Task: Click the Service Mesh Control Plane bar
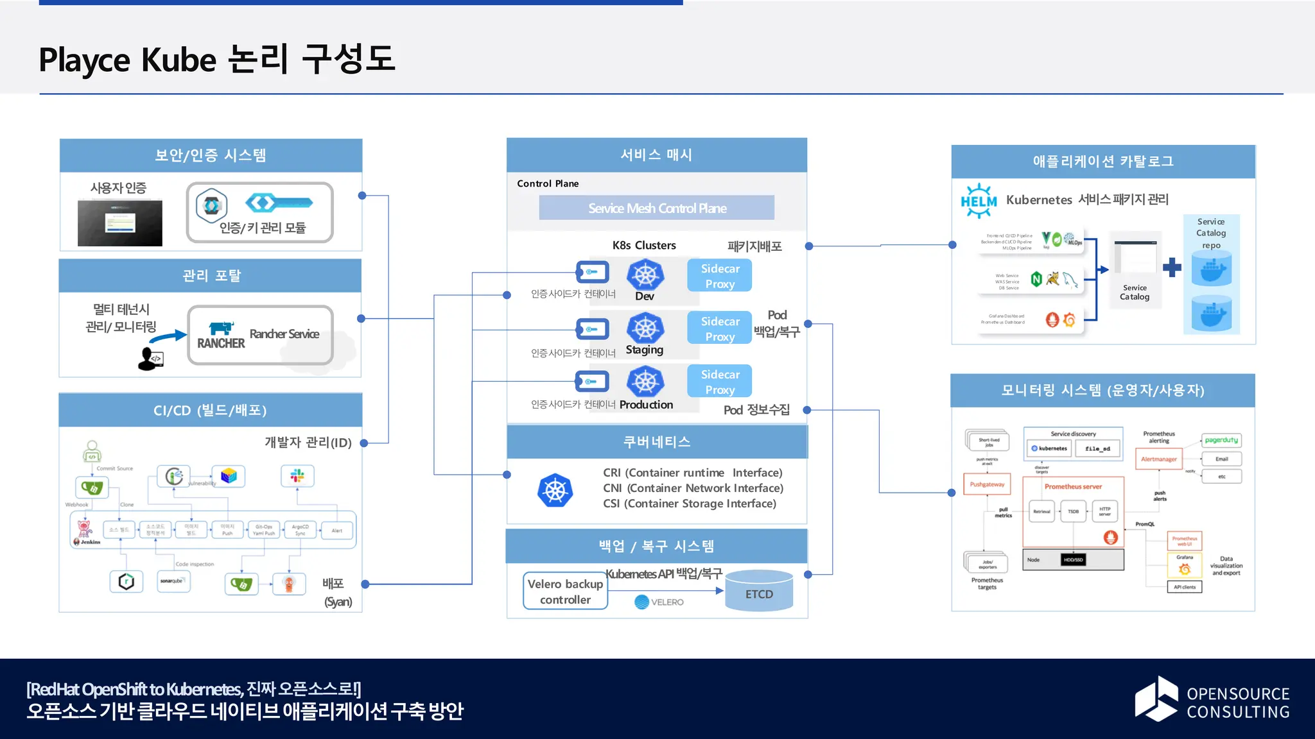click(x=656, y=208)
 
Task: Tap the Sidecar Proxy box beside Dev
click(x=719, y=276)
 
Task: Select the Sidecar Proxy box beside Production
click(x=719, y=382)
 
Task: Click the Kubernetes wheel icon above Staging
click(x=645, y=328)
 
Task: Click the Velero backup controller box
click(x=565, y=591)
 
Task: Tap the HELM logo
click(x=979, y=201)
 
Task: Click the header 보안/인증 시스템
click(x=211, y=155)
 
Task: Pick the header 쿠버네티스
click(x=657, y=441)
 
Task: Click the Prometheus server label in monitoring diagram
click(x=1072, y=487)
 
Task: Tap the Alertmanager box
click(x=1159, y=459)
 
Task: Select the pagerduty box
click(x=1221, y=440)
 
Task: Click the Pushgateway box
click(x=987, y=484)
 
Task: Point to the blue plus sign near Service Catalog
click(x=1171, y=267)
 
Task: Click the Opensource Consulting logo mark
click(x=1156, y=699)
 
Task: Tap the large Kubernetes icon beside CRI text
click(x=555, y=491)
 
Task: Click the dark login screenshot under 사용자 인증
click(x=120, y=223)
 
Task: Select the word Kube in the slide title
click(x=179, y=60)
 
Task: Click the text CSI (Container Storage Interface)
click(x=689, y=504)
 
